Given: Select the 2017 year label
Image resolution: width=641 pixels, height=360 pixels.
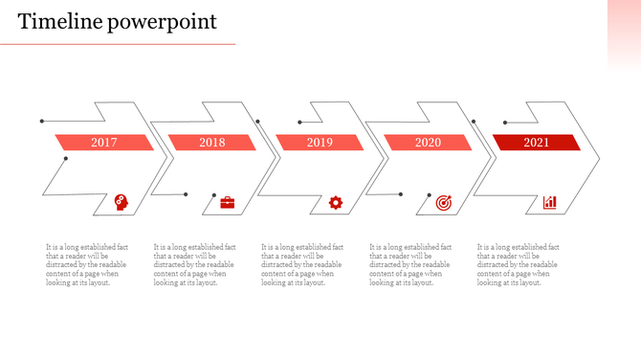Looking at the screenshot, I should click(x=104, y=143).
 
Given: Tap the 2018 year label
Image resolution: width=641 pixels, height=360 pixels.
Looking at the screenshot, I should click(x=212, y=143).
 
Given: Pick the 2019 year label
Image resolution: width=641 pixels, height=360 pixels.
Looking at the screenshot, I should click(x=320, y=143).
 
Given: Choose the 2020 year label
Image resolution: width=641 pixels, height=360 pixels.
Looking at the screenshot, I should click(x=428, y=143).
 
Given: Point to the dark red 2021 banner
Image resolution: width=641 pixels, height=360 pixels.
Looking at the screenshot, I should click(x=536, y=143).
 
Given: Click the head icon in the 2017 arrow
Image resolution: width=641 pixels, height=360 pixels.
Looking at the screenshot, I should click(x=122, y=202).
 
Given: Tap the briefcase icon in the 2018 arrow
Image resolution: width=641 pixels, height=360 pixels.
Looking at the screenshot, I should click(x=228, y=202).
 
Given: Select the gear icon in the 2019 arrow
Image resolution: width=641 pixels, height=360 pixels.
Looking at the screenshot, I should click(x=336, y=202).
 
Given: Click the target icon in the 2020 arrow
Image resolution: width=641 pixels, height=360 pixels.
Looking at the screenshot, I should click(x=443, y=202).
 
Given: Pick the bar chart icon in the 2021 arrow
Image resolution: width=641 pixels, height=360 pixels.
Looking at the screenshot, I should click(x=550, y=202).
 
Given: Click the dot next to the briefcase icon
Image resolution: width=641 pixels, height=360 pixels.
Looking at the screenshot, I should click(x=186, y=194).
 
